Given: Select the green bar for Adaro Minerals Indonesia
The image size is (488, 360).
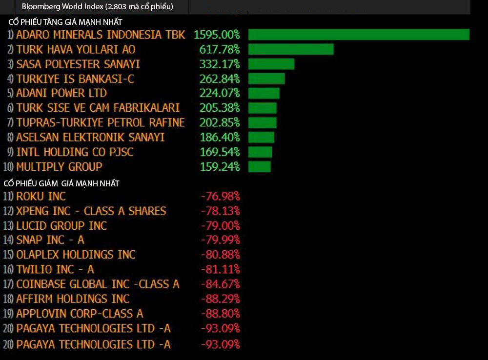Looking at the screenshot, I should [x=359, y=35].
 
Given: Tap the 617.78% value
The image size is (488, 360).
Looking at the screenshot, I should [x=220, y=49].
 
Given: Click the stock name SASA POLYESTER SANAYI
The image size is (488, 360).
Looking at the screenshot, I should [x=78, y=64].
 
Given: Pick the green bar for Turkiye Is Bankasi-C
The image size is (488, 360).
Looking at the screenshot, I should [x=266, y=79].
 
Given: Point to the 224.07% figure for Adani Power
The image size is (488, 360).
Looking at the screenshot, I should [x=220, y=93].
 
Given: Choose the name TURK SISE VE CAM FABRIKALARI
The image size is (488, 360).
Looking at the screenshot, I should [x=98, y=108].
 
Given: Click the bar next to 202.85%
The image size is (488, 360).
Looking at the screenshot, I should [x=263, y=122].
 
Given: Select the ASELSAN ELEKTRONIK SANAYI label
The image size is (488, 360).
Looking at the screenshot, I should [x=90, y=137].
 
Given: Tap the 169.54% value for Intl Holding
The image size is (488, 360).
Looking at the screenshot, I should [x=220, y=152].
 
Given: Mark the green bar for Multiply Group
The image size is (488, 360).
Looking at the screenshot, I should [x=259, y=167].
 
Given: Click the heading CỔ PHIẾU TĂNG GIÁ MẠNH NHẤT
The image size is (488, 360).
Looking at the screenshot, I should [x=65, y=22].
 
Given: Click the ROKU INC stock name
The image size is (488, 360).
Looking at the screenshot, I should [x=41, y=196].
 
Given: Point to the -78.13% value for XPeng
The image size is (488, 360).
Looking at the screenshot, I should [x=221, y=211].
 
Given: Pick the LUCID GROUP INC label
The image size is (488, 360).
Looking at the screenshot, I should [x=61, y=225].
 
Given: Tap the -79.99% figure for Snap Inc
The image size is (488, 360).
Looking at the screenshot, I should [x=221, y=240].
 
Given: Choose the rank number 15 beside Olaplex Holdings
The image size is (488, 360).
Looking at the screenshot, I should [x=8, y=255].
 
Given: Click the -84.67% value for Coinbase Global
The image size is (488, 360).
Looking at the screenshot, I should [x=221, y=284].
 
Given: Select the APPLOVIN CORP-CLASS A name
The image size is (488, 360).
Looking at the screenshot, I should [x=80, y=313].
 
